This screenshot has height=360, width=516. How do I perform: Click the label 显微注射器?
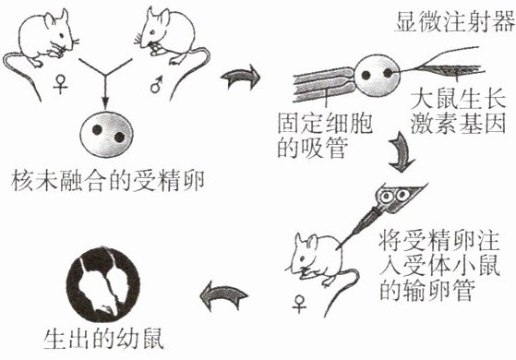(455, 22)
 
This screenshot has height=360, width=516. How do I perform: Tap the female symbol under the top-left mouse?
(61, 84)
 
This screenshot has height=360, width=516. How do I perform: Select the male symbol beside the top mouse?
(156, 84)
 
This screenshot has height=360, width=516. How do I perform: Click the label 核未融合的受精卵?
(108, 181)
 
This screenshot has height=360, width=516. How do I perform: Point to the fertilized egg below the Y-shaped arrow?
(106, 135)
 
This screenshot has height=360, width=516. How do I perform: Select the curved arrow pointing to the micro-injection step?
(241, 77)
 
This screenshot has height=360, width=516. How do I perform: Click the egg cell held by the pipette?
(378, 76)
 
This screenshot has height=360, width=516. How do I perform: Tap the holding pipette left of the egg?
(325, 85)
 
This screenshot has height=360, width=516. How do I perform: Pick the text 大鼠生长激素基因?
(458, 112)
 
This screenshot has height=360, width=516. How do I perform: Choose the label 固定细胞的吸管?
(324, 135)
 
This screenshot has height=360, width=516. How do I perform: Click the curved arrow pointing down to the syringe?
(402, 152)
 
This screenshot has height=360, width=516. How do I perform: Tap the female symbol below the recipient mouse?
(299, 305)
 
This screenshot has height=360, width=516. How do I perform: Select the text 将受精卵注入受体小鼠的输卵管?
(439, 266)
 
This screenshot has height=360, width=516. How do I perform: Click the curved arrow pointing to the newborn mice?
(223, 295)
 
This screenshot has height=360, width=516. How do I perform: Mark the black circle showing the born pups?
(103, 284)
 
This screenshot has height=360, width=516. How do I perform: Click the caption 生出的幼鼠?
(103, 339)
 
